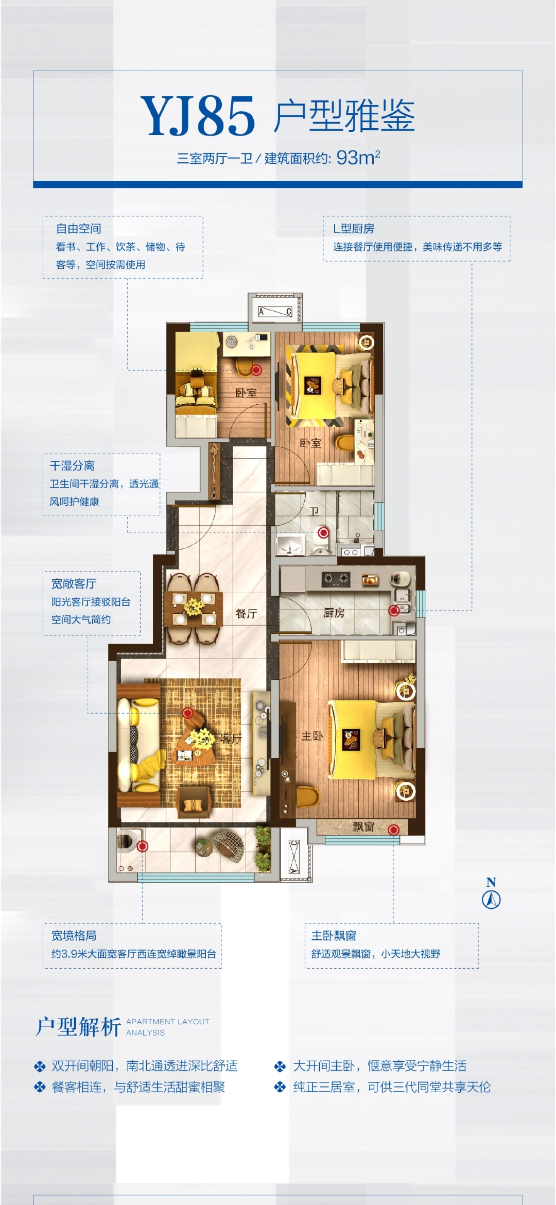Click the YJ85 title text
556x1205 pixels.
pyautogui.click(x=198, y=115)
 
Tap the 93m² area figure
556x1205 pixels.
pyautogui.click(x=358, y=158)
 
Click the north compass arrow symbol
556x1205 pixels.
pyautogui.click(x=491, y=899)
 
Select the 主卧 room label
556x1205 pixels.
pyautogui.click(x=312, y=736)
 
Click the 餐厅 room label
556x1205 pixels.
pyautogui.click(x=246, y=614)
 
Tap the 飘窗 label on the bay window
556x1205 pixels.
pyautogui.click(x=363, y=827)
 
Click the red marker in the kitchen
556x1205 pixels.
pyautogui.click(x=394, y=610)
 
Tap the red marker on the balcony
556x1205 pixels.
pyautogui.click(x=142, y=846)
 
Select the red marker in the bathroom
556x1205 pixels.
pyautogui.click(x=323, y=532)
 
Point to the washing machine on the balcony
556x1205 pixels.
pyautogui.click(x=126, y=840)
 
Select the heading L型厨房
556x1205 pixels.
pyautogui.click(x=354, y=229)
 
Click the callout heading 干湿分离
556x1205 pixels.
pyautogui.click(x=72, y=465)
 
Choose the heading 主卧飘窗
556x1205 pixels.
pyautogui.click(x=334, y=935)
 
